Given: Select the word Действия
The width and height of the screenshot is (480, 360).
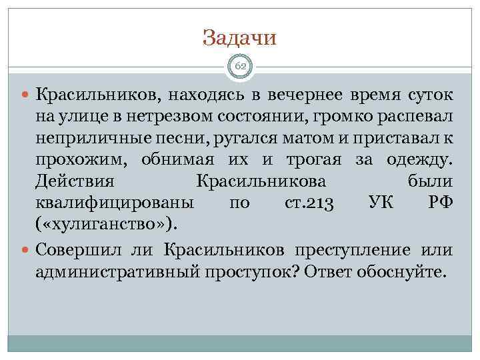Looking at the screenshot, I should point(75,181).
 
